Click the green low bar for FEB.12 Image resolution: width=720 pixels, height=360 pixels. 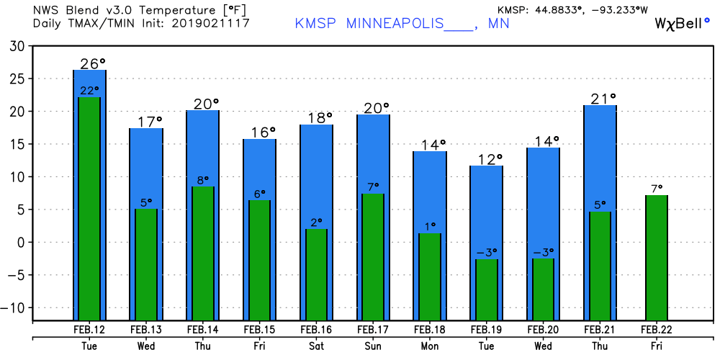point(89,209)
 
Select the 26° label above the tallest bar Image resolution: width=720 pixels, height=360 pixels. point(93,64)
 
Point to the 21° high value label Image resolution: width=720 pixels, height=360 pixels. point(603,99)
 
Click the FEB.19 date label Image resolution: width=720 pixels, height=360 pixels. point(486,330)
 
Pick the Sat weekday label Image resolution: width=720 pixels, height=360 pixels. point(316,346)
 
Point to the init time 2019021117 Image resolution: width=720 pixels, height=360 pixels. point(212,23)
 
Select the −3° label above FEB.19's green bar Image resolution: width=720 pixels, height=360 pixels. point(487,253)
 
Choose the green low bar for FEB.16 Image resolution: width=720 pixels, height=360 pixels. point(316,274)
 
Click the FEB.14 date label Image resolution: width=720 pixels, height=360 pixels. point(202,330)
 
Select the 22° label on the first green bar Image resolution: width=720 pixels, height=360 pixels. point(89,91)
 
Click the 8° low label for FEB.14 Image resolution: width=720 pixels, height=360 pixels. point(203,181)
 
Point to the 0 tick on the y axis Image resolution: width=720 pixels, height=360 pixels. point(22,243)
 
